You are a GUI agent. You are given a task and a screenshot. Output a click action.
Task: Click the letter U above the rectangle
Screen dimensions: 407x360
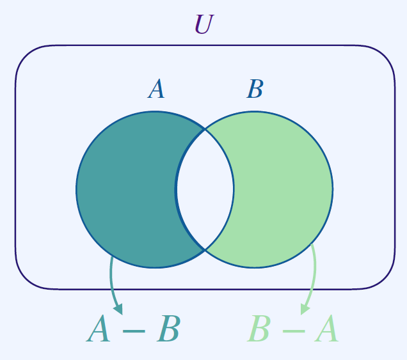pyautogui.click(x=203, y=25)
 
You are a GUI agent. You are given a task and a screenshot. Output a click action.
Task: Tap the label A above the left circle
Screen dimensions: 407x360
pyautogui.click(x=156, y=90)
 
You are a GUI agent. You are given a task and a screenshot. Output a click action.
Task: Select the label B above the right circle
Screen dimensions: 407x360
pyautogui.click(x=255, y=90)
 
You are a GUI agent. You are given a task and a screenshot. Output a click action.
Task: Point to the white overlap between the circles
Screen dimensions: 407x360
pyautogui.click(x=205, y=189)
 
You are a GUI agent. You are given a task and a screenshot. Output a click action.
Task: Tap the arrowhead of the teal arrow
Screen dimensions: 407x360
pyautogui.click(x=118, y=309)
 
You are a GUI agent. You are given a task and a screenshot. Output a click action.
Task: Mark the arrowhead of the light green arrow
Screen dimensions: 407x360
pyautogui.click(x=305, y=308)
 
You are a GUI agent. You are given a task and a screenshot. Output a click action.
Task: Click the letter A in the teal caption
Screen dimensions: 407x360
pyautogui.click(x=99, y=330)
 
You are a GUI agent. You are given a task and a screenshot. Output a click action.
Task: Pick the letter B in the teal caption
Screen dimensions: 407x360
pyautogui.click(x=168, y=330)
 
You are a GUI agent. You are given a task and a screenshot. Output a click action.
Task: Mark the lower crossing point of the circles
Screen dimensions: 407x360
pyautogui.click(x=205, y=249)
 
